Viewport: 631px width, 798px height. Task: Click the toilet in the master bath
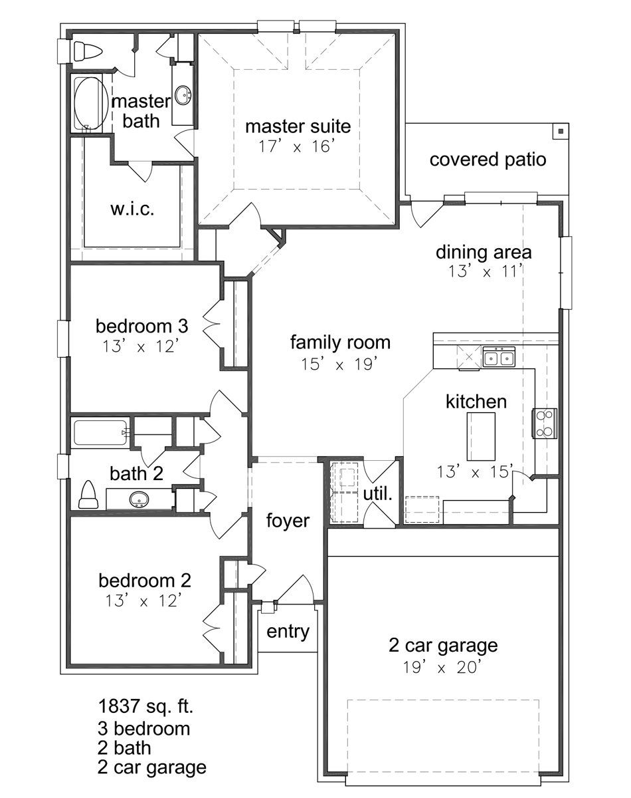point(87,51)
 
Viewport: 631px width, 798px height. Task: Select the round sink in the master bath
point(183,95)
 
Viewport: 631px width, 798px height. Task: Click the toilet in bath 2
point(88,495)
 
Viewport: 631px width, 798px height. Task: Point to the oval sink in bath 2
point(139,499)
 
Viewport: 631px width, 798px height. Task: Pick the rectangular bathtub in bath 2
point(102,432)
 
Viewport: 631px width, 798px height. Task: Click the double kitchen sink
point(499,357)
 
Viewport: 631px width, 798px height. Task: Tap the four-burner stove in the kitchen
point(545,423)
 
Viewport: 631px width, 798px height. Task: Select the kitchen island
point(481,436)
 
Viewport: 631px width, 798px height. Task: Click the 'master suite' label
point(298,126)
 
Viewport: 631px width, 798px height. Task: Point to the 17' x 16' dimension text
point(298,146)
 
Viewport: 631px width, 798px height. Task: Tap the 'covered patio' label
point(488,160)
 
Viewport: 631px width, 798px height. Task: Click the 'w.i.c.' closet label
point(132,209)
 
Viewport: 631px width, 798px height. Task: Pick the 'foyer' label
point(288,521)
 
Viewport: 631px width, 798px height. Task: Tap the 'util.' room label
point(377,493)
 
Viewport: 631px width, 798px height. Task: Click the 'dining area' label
point(484,252)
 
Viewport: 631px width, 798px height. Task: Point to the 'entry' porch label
point(288,631)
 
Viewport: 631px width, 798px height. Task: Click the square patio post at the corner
point(561,131)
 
